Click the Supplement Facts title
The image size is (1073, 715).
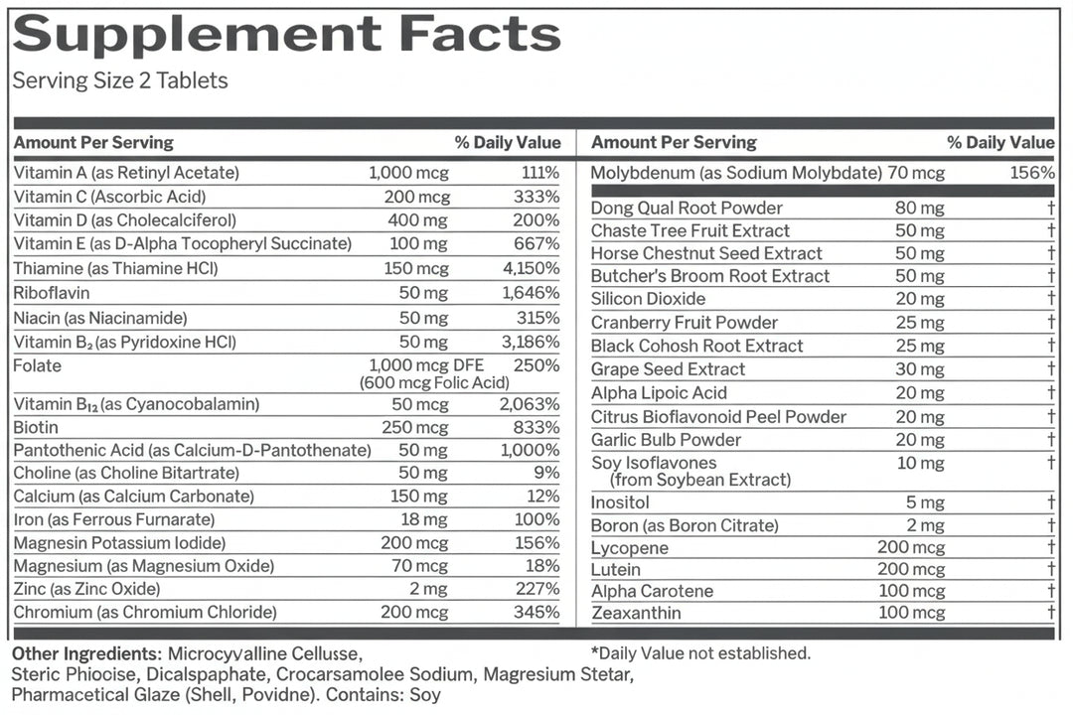tap(287, 34)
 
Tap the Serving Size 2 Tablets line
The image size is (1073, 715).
tap(120, 80)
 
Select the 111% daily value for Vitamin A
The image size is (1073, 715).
tap(539, 173)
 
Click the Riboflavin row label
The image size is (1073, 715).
tap(52, 293)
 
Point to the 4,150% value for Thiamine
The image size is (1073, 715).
tap(531, 268)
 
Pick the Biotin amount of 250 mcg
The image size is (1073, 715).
tap(414, 428)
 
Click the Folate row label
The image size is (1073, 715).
tap(37, 366)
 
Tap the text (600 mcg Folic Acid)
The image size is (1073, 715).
tap(434, 382)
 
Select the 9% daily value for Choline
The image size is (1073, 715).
tap(546, 473)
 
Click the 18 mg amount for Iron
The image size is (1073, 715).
tap(423, 520)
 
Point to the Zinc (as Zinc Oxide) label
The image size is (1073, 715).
tap(86, 589)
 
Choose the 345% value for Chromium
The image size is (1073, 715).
tap(536, 612)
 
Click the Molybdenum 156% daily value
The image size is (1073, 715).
tap(1032, 173)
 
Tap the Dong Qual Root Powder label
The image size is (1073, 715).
tap(687, 208)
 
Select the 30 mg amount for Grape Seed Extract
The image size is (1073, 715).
tap(920, 369)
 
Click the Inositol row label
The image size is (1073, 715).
tap(619, 502)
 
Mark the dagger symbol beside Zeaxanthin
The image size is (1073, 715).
tap(1051, 612)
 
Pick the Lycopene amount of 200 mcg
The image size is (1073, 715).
tap(911, 547)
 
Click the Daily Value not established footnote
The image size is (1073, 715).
tap(700, 653)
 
